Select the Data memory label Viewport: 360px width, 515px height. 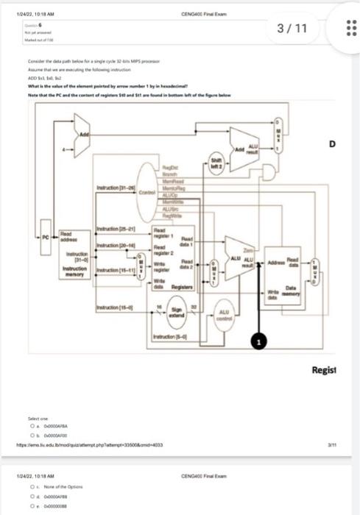[291, 293]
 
